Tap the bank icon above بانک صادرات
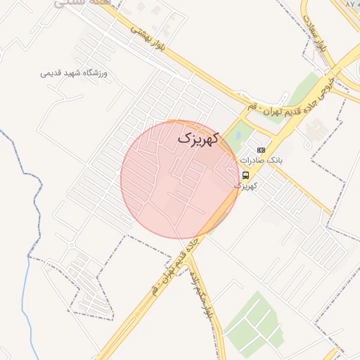(x=261, y=150)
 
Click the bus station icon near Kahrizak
(x=245, y=175)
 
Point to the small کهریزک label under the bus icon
(x=245, y=186)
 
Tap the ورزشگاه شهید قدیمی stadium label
(x=77, y=73)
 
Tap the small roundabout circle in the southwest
(x=72, y=245)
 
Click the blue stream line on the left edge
(x=28, y=267)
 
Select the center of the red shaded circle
(x=179, y=179)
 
